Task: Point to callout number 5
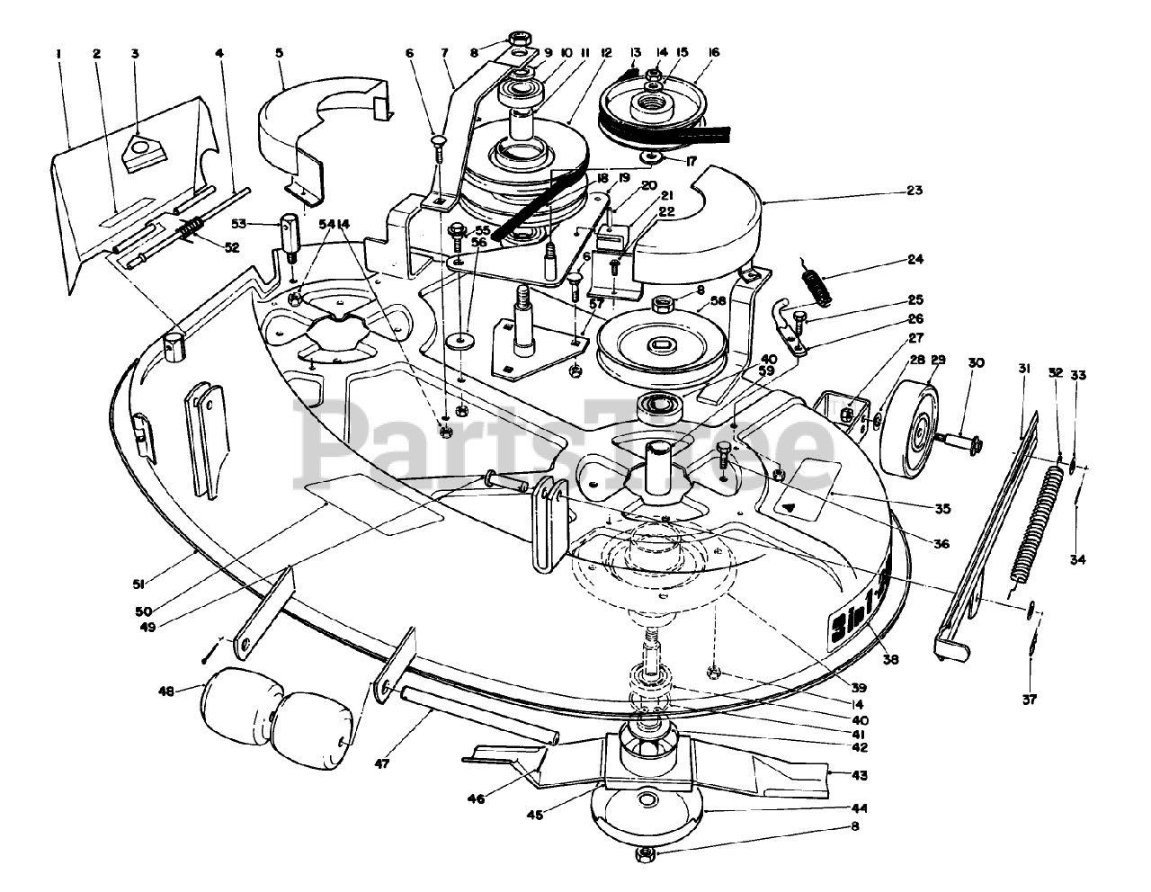(x=280, y=53)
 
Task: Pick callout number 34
(x=1077, y=559)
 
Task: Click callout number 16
(x=714, y=53)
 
